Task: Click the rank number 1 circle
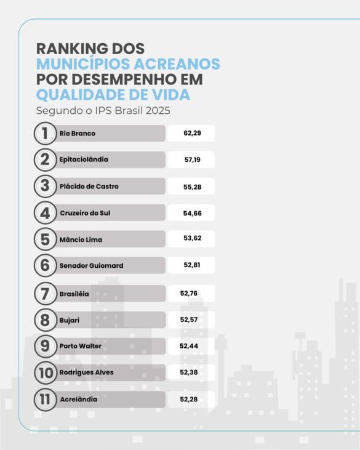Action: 45,134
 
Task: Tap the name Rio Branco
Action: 78,134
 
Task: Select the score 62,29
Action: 192,134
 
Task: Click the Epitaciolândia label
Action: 84,159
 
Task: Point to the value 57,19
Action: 192,159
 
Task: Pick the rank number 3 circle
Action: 45,186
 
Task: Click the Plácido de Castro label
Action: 89,187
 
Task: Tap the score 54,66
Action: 192,213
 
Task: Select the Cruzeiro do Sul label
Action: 85,213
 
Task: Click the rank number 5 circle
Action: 45,239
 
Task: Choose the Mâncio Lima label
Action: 81,239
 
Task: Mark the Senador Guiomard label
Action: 91,265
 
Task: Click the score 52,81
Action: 192,265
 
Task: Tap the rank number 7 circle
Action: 45,294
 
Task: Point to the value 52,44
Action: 188,346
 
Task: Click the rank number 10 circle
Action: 45,372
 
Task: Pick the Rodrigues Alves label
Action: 87,372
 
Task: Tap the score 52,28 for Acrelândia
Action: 188,400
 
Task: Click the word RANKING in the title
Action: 72,49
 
